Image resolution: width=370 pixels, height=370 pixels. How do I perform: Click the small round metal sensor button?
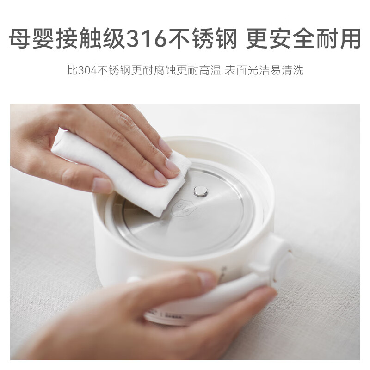point(201,191)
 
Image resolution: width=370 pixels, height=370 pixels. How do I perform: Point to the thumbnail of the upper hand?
point(102,185)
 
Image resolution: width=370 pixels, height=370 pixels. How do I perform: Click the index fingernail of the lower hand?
point(207,280)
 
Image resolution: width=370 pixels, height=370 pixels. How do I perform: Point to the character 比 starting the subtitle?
point(71,71)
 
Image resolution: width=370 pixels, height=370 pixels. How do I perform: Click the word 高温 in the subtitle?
point(210,71)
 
